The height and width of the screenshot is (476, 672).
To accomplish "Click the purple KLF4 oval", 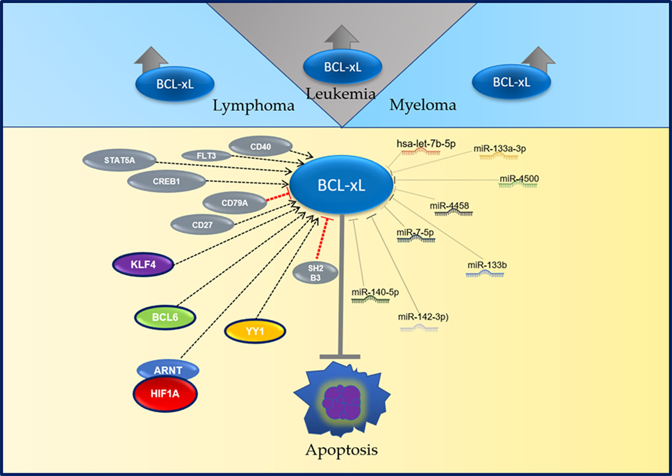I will click(x=143, y=265).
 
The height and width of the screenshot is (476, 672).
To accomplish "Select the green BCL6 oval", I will click(x=165, y=317).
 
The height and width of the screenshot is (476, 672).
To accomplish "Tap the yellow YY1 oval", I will click(x=255, y=331).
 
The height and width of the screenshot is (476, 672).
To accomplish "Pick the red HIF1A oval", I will click(x=165, y=394).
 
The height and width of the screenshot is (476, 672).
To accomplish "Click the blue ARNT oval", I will click(x=168, y=370).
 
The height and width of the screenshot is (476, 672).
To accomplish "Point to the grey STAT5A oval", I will click(x=119, y=160).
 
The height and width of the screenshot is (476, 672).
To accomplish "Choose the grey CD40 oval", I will click(x=260, y=147).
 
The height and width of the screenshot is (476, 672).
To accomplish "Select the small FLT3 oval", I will click(x=206, y=156).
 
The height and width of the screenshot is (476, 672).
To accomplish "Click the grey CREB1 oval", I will click(x=166, y=182).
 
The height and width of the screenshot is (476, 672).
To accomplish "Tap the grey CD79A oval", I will click(x=235, y=203).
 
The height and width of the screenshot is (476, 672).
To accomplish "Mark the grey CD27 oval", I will click(x=202, y=225).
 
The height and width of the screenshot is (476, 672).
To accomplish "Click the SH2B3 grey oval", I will click(x=315, y=273).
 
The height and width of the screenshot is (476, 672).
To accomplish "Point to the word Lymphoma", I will click(x=254, y=106).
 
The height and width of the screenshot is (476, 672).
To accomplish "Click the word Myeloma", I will click(x=422, y=105).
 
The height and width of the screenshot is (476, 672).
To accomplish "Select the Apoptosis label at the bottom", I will click(x=341, y=450).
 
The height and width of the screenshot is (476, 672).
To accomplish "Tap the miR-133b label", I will click(x=487, y=265).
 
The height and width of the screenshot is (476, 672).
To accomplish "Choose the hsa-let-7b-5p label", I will click(x=426, y=144).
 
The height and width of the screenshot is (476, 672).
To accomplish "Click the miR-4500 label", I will click(x=519, y=179).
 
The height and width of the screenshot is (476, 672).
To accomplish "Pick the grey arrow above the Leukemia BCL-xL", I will click(x=341, y=37).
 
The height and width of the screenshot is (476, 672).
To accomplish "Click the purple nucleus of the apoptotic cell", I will click(x=341, y=402).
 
